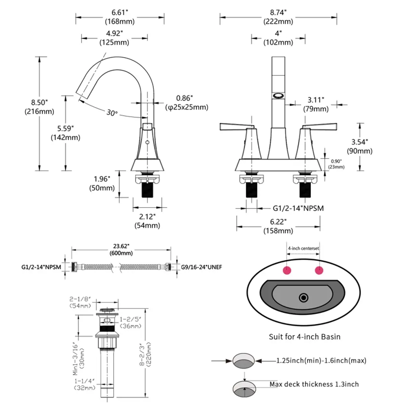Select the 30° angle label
(112, 113)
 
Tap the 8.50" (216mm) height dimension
(39, 107)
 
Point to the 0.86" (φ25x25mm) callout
(186, 103)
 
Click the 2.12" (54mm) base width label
(147, 221)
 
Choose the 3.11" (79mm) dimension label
(316, 104)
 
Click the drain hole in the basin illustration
(304, 297)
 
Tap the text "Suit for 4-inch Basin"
(304, 337)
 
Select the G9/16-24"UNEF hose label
(202, 267)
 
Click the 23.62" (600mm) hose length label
(121, 249)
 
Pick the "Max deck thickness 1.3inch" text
(314, 384)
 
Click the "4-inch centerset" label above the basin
(304, 248)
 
